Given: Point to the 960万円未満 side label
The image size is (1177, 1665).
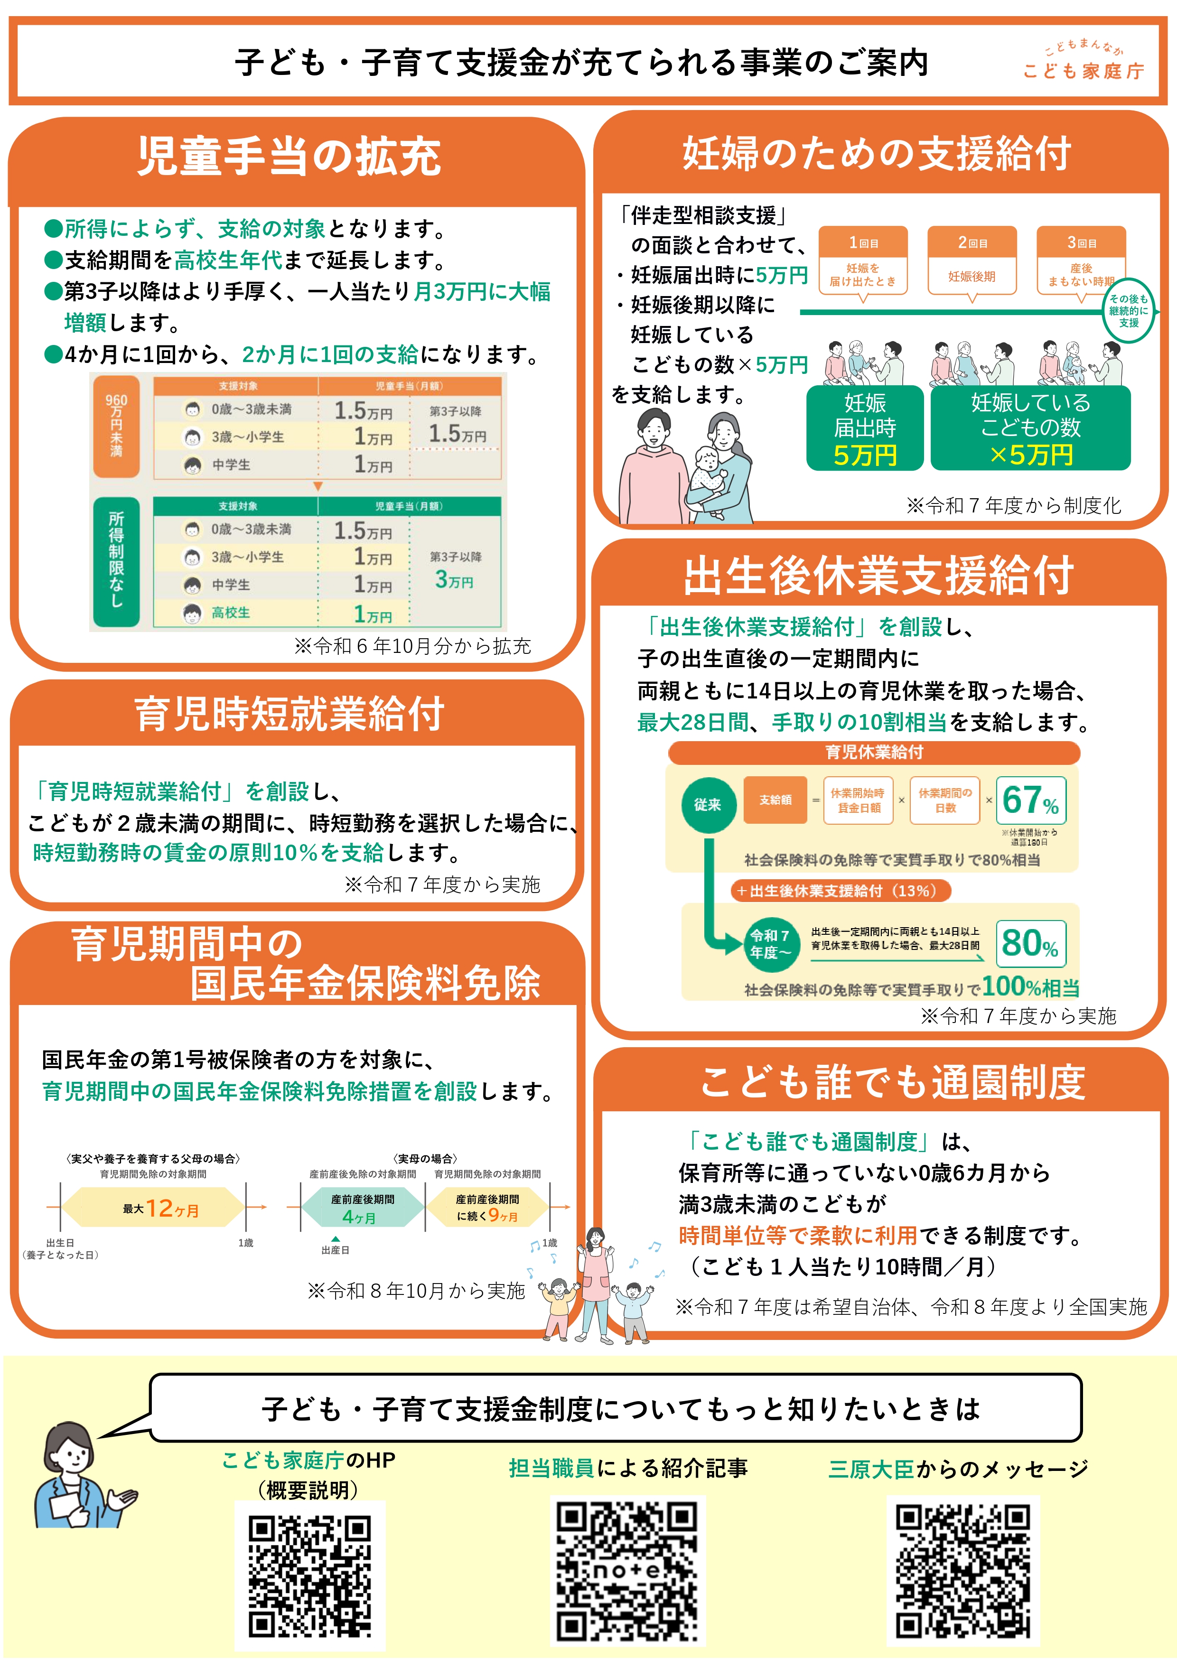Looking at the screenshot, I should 116,426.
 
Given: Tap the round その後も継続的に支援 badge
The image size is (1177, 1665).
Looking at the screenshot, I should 1129,310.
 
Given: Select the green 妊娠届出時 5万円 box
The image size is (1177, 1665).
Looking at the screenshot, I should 864,428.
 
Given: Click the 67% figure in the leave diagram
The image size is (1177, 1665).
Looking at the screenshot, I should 1030,800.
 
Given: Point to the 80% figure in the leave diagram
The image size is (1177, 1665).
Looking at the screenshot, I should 1030,943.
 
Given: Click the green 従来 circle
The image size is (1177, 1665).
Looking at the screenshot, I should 707,804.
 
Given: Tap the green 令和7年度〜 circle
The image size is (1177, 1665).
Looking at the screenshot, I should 769,943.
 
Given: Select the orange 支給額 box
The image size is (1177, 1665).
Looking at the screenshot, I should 775,800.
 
